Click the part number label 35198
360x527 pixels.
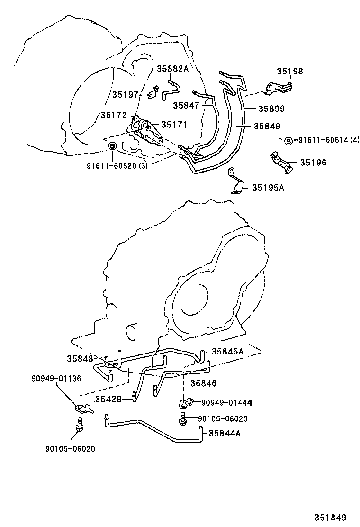[x=289, y=72]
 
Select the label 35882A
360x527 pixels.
[x=172, y=69]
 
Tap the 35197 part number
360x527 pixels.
[x=125, y=94]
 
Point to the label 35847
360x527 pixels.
[x=186, y=105]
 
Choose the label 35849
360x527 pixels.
[x=267, y=126]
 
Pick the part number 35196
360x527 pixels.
[x=313, y=162]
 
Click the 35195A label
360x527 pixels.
[x=268, y=187]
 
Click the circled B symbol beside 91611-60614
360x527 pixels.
[x=288, y=140]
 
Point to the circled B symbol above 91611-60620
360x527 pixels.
[x=113, y=146]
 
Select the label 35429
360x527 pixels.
[x=108, y=399]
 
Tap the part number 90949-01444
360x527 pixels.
[x=226, y=403]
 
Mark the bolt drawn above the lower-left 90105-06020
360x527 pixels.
[x=79, y=424]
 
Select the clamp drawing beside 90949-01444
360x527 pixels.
[x=184, y=403]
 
